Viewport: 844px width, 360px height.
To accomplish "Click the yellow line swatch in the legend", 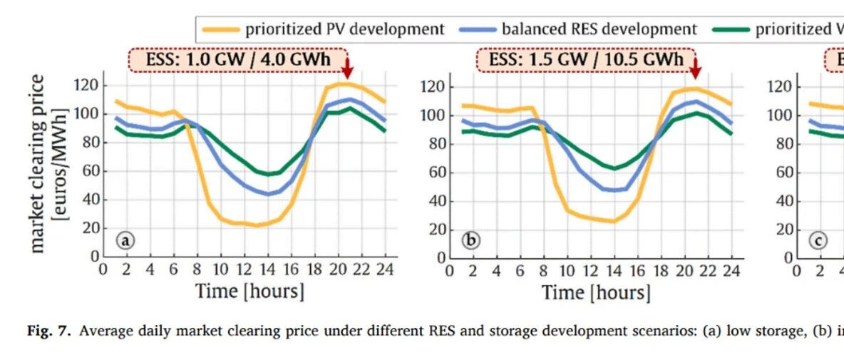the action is coord(221,30).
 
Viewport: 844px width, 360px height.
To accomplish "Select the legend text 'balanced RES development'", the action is coord(599,29).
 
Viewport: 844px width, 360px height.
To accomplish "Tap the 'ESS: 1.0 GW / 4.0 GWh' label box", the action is coord(238,58).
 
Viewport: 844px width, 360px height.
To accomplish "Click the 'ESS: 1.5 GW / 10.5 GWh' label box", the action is coord(586,59).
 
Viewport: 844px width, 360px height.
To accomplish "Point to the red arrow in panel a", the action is coord(347,68).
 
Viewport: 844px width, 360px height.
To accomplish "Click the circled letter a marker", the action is coord(125,240).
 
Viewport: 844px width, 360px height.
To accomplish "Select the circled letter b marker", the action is coord(471,240).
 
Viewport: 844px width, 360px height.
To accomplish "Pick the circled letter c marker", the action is coord(819,240).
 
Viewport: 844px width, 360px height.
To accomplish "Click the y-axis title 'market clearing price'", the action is coord(38,163).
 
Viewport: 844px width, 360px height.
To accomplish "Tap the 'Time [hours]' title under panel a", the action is coord(249,291).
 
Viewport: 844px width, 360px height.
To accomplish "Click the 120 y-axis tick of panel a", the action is coord(87,85).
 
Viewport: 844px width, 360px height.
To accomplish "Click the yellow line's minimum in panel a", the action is coord(256,225).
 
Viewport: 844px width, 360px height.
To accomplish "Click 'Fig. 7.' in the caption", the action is coord(49,330).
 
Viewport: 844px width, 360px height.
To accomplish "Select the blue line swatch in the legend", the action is coord(478,30).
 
